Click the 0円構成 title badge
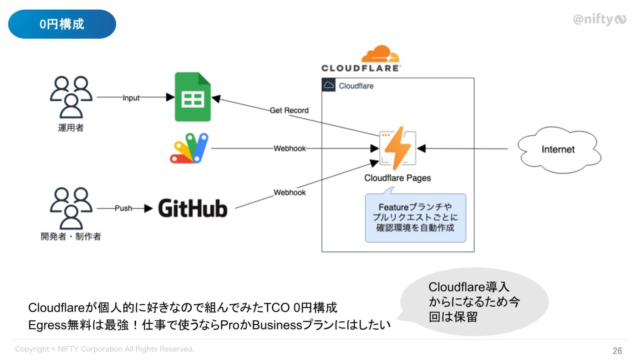coord(62,24)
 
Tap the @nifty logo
coord(600,20)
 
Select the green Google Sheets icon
coord(193,97)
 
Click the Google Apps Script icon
coord(189,148)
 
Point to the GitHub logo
coord(193,208)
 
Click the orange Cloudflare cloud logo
coord(380,54)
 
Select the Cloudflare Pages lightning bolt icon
coord(397,148)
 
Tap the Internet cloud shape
coord(560,150)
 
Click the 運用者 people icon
coord(71,97)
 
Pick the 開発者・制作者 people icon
coord(71,208)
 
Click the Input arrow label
coord(131,98)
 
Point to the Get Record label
coord(289,110)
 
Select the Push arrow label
coord(124,208)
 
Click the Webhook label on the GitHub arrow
coord(290,192)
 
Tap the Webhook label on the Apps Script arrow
coord(290,148)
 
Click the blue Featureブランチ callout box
coord(416,218)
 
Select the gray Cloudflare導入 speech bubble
coord(474,301)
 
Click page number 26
coord(617,351)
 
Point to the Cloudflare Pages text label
coord(397,178)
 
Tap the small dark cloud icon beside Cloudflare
coord(328,85)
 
